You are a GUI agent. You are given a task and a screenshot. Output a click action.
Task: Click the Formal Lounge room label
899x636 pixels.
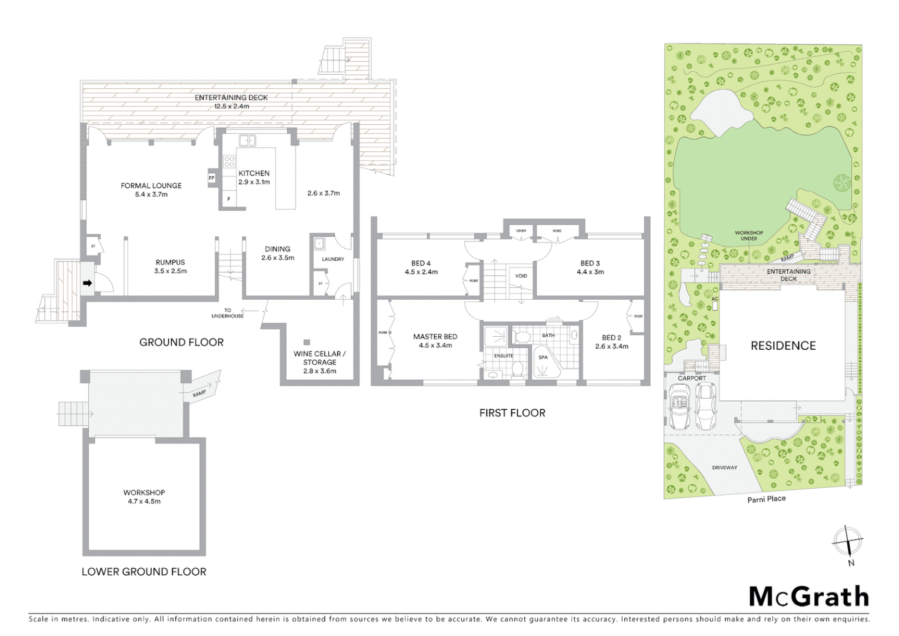coord(151,190)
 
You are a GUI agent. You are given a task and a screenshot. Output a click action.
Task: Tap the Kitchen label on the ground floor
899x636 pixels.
coord(254,177)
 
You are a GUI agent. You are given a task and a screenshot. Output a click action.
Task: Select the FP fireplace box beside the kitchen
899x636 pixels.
coord(211,178)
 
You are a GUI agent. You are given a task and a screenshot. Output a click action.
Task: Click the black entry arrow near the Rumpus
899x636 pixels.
coord(87,283)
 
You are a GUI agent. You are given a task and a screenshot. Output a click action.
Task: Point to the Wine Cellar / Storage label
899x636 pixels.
coord(319,362)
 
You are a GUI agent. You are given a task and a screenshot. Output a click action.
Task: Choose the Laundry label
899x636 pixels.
coord(333,259)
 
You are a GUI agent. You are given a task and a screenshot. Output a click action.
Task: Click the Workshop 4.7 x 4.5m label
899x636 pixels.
coord(144,497)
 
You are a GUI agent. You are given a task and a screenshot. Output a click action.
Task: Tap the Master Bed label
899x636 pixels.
coord(435,341)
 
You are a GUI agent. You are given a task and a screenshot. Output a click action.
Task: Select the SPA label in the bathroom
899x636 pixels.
coord(542,357)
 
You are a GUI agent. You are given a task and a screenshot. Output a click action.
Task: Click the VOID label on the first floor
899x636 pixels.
coord(521,276)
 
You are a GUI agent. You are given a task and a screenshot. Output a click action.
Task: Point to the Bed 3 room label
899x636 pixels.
coord(590,267)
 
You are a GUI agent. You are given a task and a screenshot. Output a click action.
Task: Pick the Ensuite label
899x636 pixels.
coord(503,356)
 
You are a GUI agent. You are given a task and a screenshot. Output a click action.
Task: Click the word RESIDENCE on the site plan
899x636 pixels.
coord(783,346)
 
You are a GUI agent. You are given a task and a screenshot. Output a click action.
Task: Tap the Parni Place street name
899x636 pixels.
coord(767,499)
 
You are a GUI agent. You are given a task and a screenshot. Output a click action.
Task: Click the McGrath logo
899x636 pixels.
coord(808,597)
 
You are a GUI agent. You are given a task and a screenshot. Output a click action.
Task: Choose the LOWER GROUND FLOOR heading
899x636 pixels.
coord(144,571)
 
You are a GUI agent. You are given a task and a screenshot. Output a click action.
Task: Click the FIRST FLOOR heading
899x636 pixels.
coord(512,413)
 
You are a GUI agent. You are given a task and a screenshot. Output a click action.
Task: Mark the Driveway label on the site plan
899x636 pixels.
coord(724,468)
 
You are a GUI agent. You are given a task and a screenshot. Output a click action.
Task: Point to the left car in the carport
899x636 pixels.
coord(680,407)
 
